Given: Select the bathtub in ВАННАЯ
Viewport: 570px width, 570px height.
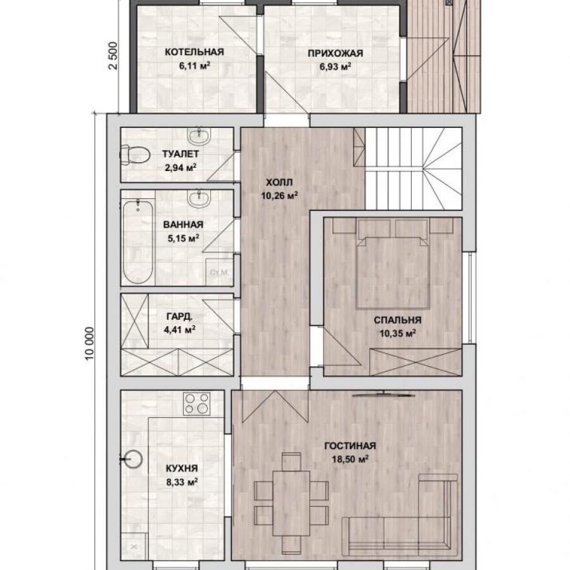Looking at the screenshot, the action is tap(138, 242).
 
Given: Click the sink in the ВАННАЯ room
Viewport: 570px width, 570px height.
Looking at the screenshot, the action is tap(198, 198).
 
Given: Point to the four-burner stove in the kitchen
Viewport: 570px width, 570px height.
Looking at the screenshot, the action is tap(197, 403).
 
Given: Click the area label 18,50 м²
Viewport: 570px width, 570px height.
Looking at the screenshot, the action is tap(350, 459).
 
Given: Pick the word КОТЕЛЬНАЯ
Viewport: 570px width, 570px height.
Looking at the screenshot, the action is tap(194, 52).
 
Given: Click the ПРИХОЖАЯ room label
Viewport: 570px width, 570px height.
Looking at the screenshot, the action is tap(335, 53).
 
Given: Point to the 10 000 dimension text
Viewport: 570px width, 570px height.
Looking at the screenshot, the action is tap(90, 343).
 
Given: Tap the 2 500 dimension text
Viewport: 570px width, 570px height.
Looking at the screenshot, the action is tap(113, 56).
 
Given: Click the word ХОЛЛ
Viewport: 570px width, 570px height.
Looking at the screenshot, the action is tap(279, 182).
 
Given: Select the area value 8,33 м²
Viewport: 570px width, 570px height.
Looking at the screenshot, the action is tap(182, 483).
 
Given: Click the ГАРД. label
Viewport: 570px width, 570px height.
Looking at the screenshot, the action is tap(179, 317).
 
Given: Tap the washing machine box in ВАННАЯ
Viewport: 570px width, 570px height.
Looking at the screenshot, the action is tap(220, 272).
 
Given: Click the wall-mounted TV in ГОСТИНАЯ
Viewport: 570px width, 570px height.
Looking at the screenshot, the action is tap(384, 394).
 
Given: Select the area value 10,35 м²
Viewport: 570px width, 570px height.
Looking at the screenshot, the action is tap(398, 333).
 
